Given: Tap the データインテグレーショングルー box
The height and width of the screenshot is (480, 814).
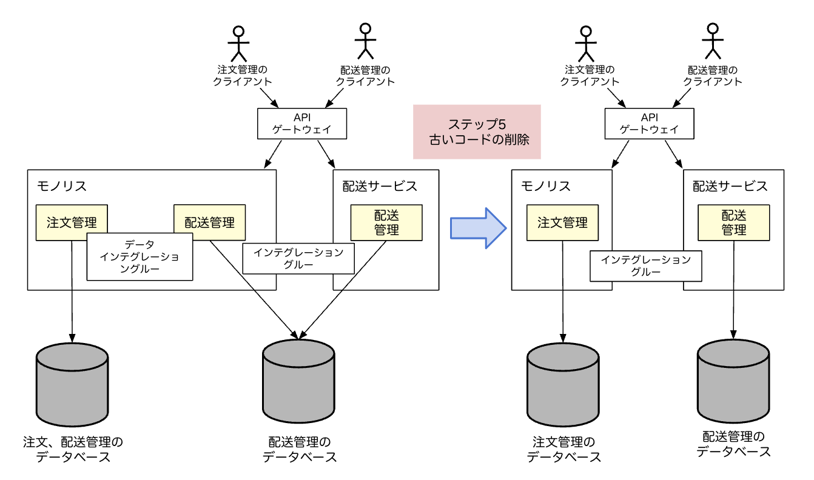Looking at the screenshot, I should click(140, 257).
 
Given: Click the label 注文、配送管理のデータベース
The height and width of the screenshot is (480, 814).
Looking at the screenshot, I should click(73, 449).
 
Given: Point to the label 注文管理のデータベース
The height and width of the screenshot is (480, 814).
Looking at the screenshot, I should click(563, 449).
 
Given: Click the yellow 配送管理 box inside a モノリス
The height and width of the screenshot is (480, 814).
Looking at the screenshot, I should click(210, 222).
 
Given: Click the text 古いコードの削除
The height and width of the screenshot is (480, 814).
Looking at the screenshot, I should click(476, 139).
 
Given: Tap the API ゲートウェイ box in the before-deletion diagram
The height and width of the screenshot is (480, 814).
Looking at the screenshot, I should click(302, 124).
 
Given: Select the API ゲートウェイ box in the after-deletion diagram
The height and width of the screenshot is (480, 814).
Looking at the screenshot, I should click(649, 124).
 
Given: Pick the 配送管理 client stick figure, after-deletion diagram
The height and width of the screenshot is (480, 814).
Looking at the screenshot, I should click(712, 40).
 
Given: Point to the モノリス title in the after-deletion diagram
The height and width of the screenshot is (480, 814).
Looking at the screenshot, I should click(546, 186).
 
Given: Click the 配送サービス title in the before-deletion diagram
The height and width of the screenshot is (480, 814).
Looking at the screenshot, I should click(376, 186).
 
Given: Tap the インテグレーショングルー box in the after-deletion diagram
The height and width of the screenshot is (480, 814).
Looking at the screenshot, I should click(645, 266).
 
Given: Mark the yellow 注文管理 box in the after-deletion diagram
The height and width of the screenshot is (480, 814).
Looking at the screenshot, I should click(562, 222).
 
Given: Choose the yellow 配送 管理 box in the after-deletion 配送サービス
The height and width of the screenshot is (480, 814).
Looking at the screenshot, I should click(733, 222).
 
